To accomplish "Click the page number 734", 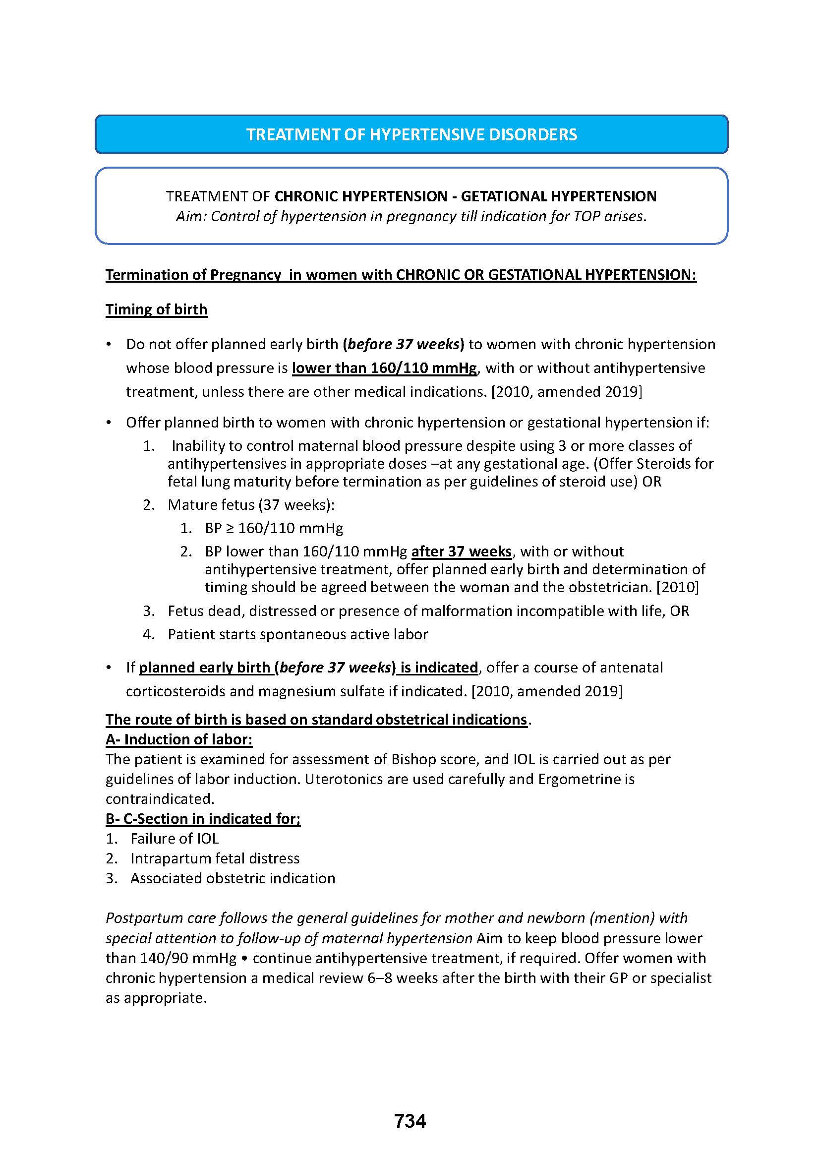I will click(x=410, y=1121).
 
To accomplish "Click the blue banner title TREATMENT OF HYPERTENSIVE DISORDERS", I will click(x=411, y=134).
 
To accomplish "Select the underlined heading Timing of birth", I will click(x=157, y=309).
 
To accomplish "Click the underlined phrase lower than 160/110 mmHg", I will click(x=384, y=368).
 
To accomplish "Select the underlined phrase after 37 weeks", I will click(x=462, y=551).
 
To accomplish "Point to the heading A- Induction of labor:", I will click(x=179, y=739).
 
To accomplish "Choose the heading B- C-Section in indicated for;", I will click(x=203, y=818).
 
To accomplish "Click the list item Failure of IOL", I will click(x=175, y=839).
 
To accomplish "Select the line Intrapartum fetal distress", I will click(x=215, y=858).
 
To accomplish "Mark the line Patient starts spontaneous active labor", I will click(x=298, y=634).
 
